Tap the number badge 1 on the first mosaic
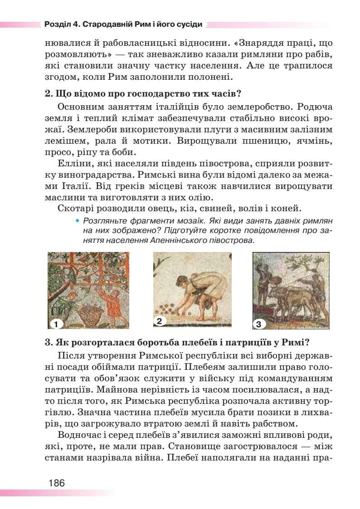(55, 324)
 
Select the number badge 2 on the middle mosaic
(159, 321)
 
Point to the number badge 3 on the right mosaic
(258, 324)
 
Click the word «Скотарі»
(75, 208)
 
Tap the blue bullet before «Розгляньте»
(78, 221)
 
